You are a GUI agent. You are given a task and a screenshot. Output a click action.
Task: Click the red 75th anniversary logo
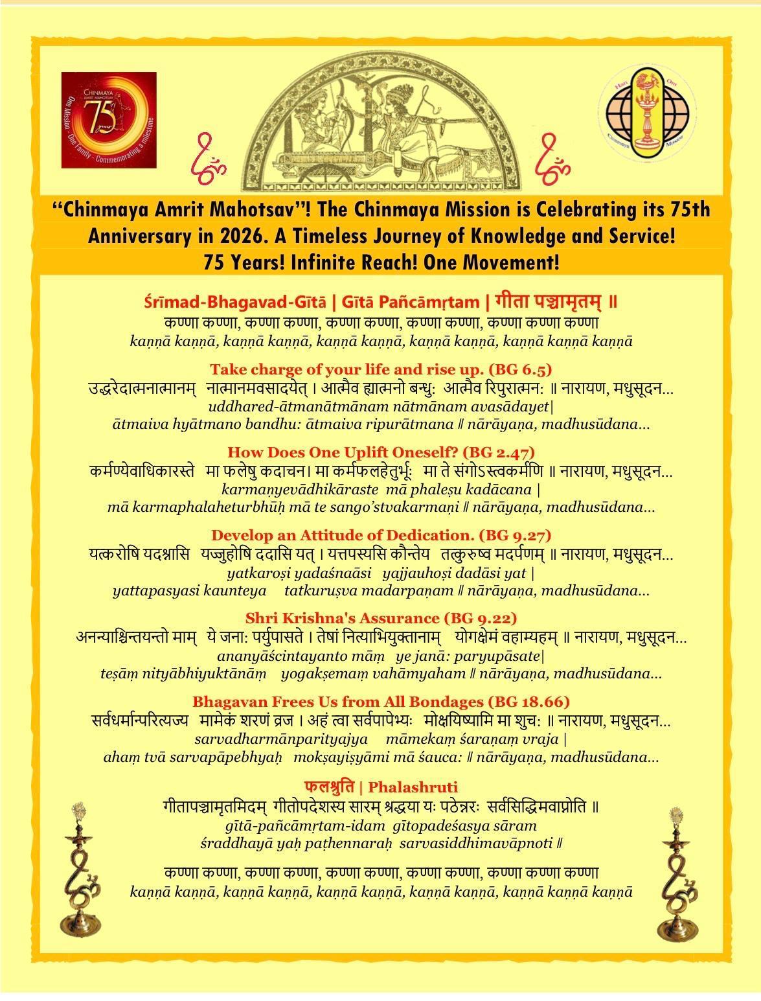click(109, 119)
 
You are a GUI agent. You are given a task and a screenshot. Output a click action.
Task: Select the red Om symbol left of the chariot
click(209, 155)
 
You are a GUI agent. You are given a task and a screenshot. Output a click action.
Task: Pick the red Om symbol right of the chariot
click(552, 155)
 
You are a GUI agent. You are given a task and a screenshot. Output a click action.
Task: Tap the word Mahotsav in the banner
click(245, 210)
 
